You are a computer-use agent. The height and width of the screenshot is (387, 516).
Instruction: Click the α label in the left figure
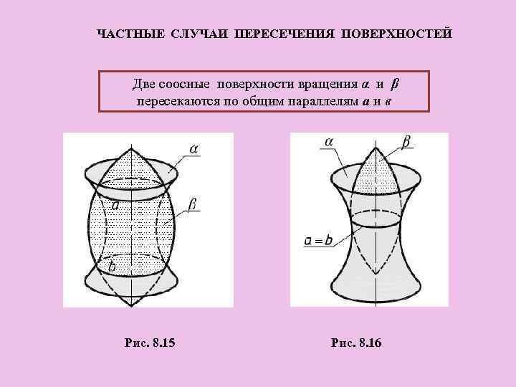tap(195, 148)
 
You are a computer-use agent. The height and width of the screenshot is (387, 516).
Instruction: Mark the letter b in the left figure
tap(111, 267)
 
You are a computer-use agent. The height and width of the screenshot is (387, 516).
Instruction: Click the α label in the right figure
tap(328, 143)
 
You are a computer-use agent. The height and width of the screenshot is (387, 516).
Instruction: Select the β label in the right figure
tap(406, 143)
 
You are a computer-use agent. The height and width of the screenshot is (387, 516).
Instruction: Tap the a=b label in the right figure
tap(318, 240)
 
